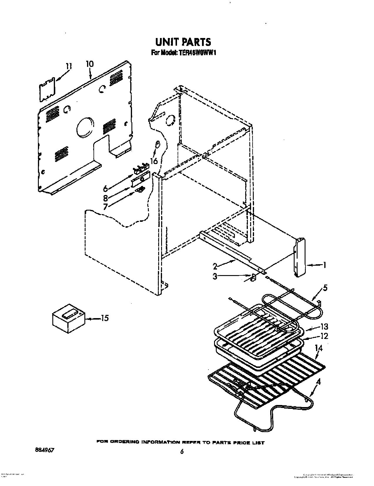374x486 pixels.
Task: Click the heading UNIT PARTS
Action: (x=183, y=42)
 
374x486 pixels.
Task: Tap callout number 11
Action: (x=68, y=66)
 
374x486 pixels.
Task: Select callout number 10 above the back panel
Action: (x=89, y=64)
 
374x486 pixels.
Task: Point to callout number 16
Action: (x=153, y=161)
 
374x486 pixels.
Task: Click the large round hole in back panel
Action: (x=85, y=128)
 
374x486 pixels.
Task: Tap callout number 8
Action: (x=106, y=198)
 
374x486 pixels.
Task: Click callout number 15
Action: (x=104, y=318)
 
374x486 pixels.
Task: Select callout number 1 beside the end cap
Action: (x=325, y=265)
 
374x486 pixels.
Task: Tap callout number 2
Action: (x=215, y=266)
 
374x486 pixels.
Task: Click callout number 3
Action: (x=215, y=277)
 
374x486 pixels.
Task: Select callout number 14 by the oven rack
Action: (x=318, y=348)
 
